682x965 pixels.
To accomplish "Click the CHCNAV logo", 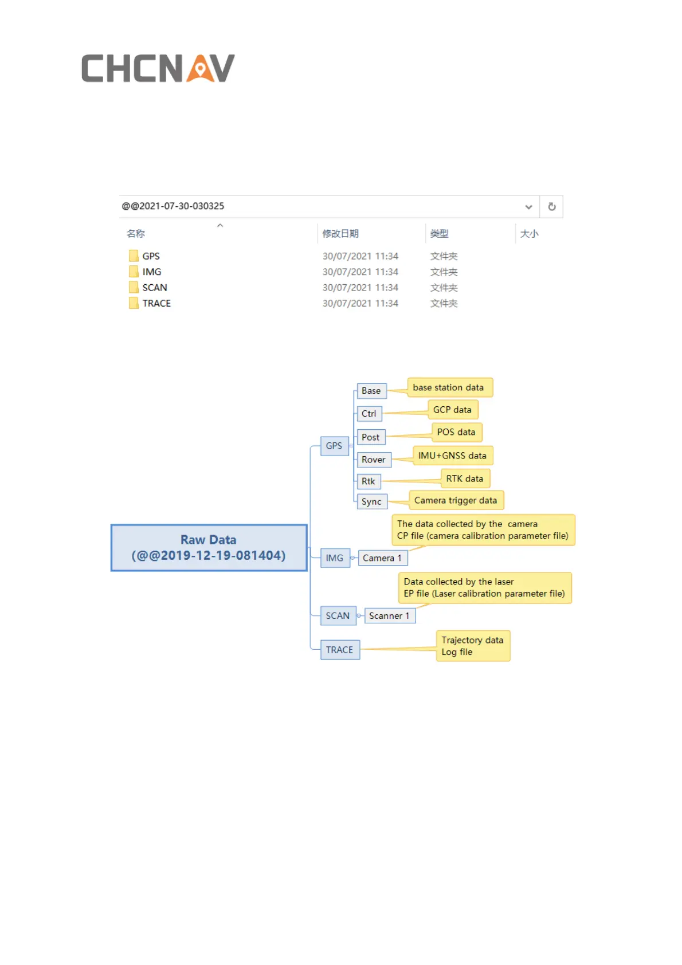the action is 158,69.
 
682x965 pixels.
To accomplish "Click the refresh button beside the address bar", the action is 551,207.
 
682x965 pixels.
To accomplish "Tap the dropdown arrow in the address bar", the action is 528,207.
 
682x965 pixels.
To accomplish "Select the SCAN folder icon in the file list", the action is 134,288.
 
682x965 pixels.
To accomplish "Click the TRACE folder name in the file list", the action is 156,304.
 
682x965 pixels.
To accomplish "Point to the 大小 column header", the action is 529,234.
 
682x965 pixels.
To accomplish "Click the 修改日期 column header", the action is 340,234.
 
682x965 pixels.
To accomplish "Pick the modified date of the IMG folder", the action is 360,272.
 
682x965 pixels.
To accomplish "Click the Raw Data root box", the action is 209,548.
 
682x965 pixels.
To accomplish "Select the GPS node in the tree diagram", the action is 334,446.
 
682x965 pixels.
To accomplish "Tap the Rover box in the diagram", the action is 374,460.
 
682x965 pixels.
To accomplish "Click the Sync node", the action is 371,502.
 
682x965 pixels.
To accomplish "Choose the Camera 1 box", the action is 382,558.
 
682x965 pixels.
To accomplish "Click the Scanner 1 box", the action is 389,616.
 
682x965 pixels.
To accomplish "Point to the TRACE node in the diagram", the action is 340,650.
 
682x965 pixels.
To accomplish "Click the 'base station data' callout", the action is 449,388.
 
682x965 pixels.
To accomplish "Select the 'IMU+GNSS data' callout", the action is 452,456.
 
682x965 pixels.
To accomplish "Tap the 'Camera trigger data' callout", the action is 456,501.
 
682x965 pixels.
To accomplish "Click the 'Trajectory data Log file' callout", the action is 473,646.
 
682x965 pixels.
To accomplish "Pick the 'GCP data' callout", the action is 452,410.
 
